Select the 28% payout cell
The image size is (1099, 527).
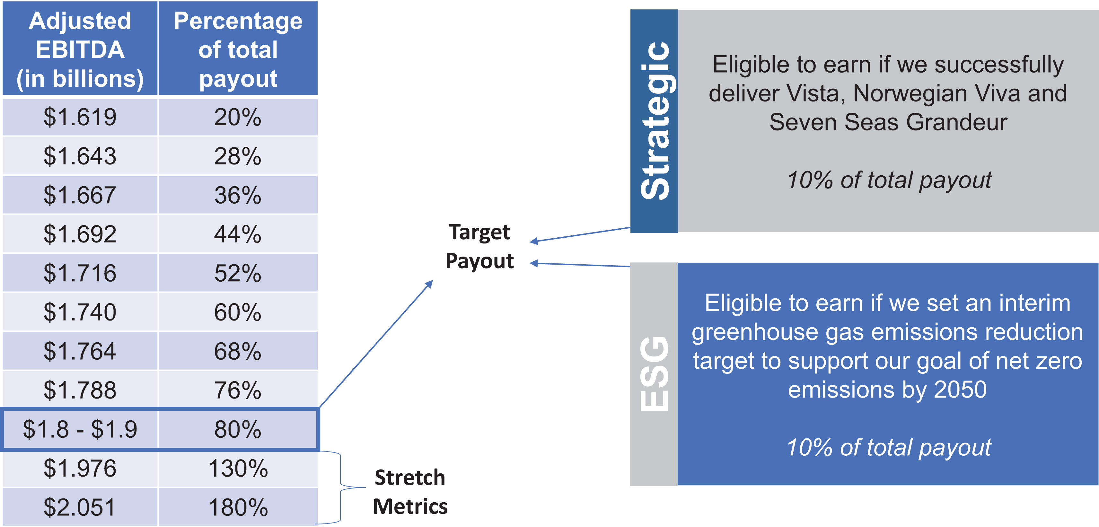click(238, 156)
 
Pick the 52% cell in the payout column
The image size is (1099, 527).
click(238, 273)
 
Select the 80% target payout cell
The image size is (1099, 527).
click(238, 429)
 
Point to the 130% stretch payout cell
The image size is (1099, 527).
click(238, 469)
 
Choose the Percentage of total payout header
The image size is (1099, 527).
click(238, 49)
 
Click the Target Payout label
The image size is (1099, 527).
click(479, 247)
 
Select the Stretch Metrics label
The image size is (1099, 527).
click(410, 492)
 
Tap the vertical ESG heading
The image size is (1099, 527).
click(654, 374)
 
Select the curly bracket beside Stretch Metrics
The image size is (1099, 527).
click(341, 487)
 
